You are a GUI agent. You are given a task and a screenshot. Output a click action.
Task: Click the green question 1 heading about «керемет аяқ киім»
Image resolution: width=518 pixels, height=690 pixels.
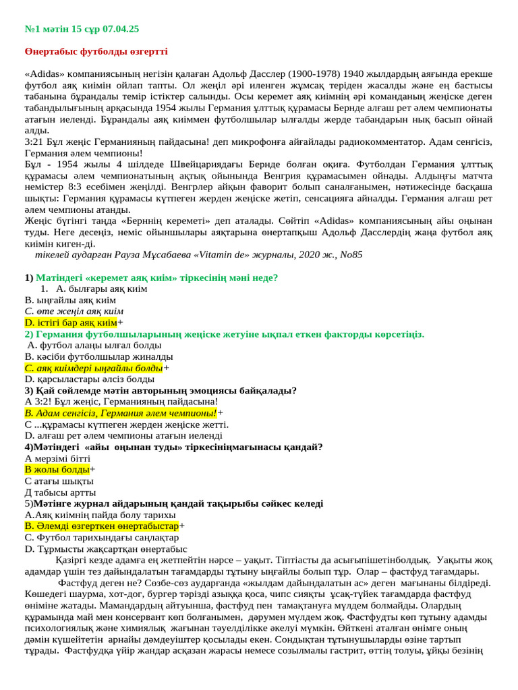coord(156,278)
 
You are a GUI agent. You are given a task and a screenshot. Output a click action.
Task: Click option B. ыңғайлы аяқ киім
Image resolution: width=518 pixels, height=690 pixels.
coord(70,300)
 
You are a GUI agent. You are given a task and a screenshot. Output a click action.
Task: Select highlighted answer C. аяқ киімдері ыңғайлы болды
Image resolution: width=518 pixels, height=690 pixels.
coord(94,368)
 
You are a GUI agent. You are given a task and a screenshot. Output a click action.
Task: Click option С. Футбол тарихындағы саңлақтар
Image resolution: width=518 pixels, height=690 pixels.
coord(101,538)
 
